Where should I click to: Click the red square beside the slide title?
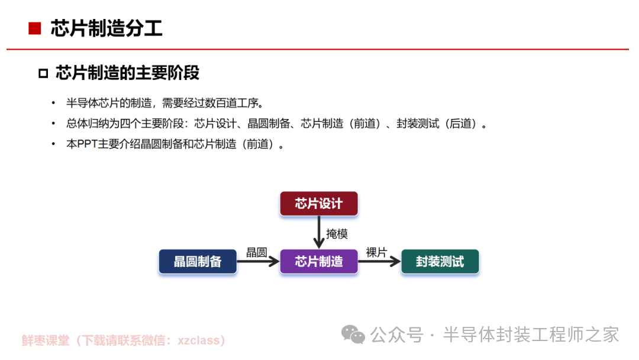35,28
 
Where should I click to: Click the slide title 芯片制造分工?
106,28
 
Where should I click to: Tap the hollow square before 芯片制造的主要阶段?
43,73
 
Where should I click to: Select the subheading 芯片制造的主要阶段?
128,73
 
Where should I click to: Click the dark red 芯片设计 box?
319,204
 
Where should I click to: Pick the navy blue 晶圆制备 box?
198,261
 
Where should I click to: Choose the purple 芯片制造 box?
319,261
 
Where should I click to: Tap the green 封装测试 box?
440,261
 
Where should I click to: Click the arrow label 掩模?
337,234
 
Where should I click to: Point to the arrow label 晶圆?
257,252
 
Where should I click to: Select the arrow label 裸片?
376,252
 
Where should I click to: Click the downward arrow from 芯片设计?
319,232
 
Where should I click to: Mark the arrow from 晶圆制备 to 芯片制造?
259,261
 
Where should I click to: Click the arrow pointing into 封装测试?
379,261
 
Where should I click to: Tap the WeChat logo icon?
353,335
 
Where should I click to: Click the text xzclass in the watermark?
198,340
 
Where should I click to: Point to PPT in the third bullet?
87,144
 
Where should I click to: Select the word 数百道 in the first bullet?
221,103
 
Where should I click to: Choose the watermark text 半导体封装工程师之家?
531,335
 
